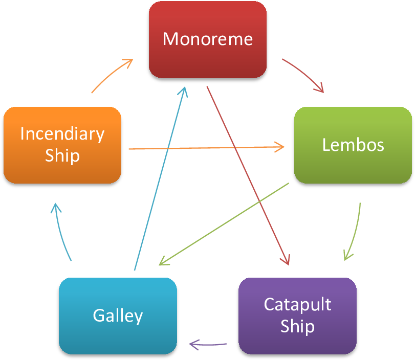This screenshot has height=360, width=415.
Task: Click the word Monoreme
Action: click(208, 39)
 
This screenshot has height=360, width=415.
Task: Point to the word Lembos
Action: click(353, 145)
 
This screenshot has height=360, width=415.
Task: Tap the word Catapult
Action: click(297, 305)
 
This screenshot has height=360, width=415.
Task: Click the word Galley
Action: click(118, 315)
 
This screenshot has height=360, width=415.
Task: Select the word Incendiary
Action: click(62, 133)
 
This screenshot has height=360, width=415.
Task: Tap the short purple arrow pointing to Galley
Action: click(208, 344)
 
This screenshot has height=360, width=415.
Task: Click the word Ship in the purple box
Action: click(297, 326)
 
